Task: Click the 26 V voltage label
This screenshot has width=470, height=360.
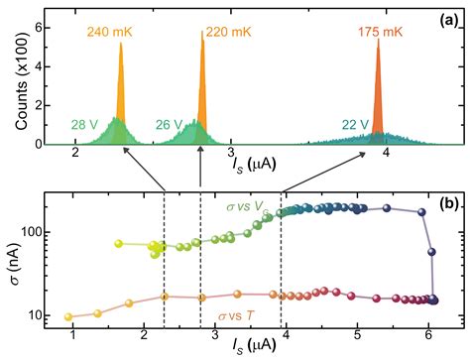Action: click(170, 125)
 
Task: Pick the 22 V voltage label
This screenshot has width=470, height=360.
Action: click(345, 124)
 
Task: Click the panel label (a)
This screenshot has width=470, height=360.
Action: click(443, 18)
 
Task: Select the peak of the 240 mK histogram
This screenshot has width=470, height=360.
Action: click(121, 45)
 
